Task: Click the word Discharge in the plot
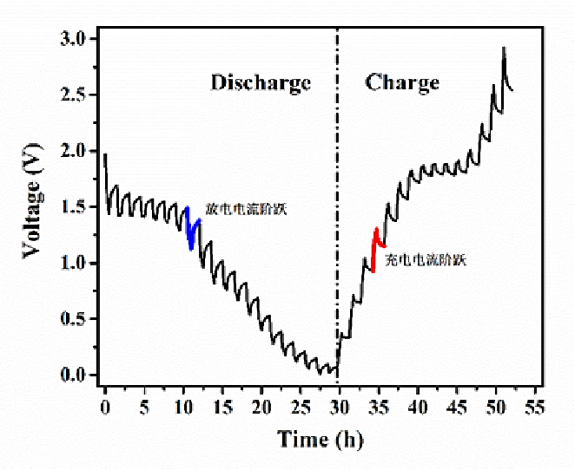(261, 83)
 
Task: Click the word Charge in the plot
(402, 83)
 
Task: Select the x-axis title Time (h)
(321, 439)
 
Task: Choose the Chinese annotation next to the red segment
(425, 259)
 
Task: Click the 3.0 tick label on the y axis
(75, 39)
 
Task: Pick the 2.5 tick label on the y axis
(75, 95)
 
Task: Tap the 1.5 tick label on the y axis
(75, 207)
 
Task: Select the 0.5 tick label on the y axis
(75, 319)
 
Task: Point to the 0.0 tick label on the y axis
(75, 375)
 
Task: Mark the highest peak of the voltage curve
(504, 48)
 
